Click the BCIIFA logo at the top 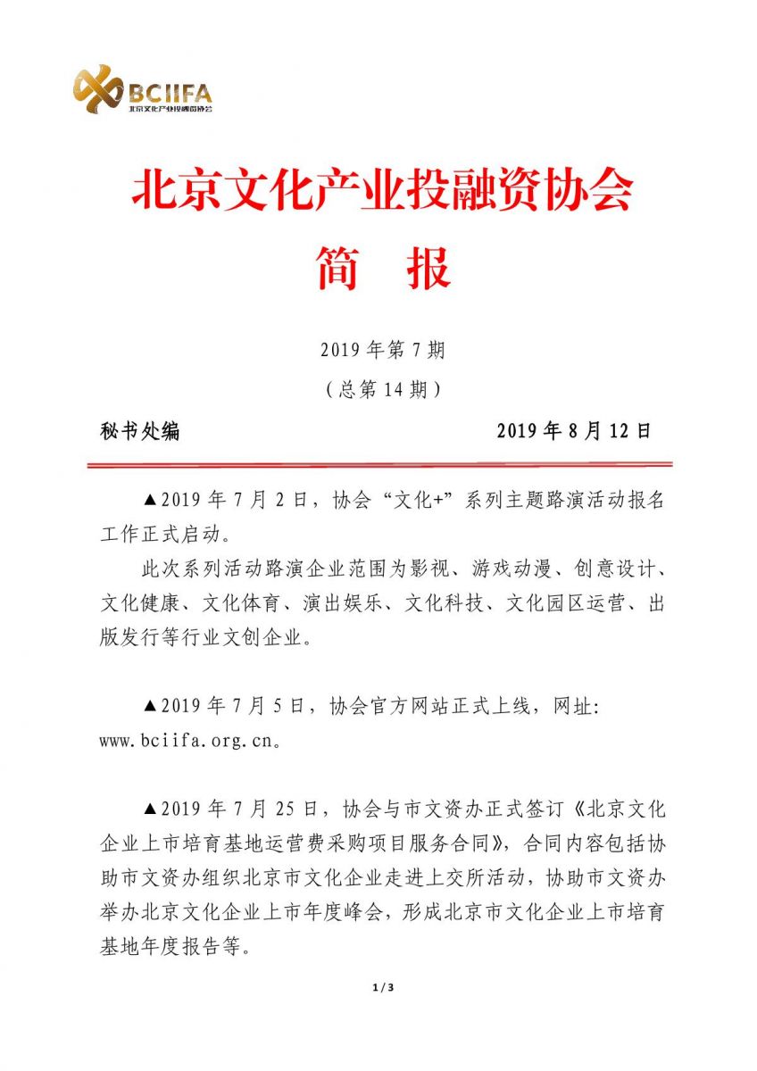click(x=143, y=89)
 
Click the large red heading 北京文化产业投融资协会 click(x=382, y=190)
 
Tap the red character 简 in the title click(x=338, y=268)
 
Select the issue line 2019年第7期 click(x=382, y=351)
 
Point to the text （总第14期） click(x=382, y=390)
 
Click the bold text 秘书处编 click(x=140, y=431)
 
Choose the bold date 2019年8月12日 click(x=574, y=431)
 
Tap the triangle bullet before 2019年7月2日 click(x=150, y=500)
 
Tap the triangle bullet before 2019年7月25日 click(x=150, y=809)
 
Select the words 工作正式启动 click(x=161, y=535)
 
